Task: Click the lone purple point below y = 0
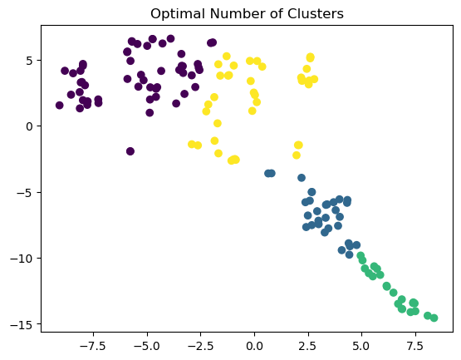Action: click(x=130, y=151)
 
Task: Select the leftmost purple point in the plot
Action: click(x=60, y=106)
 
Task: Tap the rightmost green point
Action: click(x=434, y=318)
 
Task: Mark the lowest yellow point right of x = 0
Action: click(x=297, y=155)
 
